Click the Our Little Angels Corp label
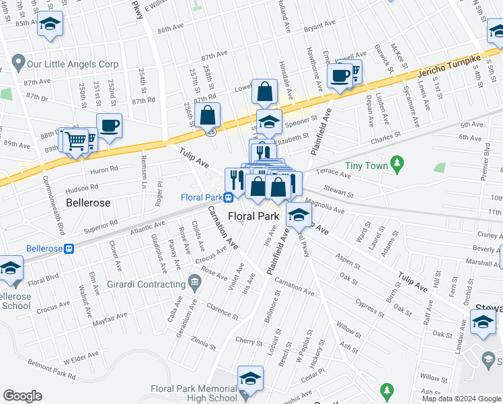[x=72, y=65]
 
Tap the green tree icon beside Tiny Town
[x=397, y=163]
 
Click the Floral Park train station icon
[x=229, y=197]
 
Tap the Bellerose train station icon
[x=69, y=248]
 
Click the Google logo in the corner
[x=22, y=396]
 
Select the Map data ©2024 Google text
[x=461, y=399]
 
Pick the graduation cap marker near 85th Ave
[x=50, y=24]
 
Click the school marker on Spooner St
[x=269, y=121]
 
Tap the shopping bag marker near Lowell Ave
[x=265, y=91]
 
